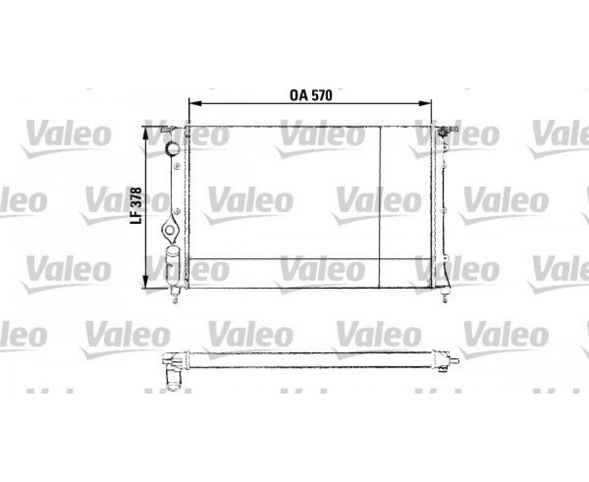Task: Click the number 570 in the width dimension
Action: [x=321, y=95]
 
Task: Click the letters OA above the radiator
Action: [x=299, y=95]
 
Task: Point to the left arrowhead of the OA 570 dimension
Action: [x=195, y=103]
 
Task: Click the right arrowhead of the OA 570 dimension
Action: [x=425, y=103]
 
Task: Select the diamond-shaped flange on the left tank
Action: [x=170, y=230]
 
